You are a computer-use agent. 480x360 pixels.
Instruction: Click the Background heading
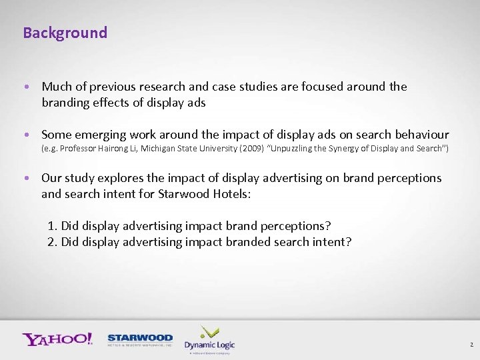click(x=65, y=33)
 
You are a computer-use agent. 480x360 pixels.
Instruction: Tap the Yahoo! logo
click(x=57, y=339)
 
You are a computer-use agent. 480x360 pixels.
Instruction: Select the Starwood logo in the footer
click(x=140, y=339)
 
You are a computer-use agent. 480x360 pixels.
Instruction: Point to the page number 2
click(x=471, y=345)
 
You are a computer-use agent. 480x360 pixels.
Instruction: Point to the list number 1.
click(x=52, y=225)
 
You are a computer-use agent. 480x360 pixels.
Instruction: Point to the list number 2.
click(x=52, y=241)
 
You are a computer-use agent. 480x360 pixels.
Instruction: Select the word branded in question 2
click(x=233, y=241)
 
